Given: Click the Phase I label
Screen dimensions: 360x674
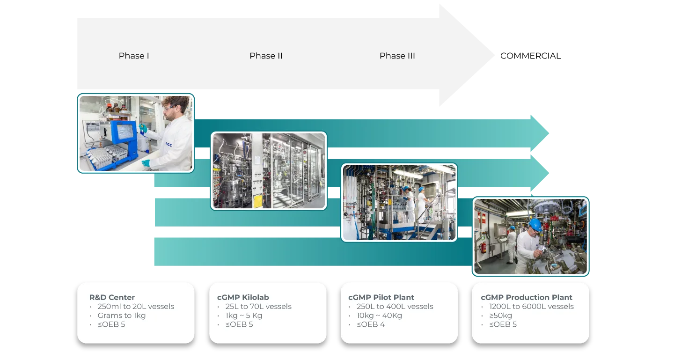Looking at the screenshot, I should (134, 56).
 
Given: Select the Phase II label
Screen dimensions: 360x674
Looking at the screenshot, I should (266, 56).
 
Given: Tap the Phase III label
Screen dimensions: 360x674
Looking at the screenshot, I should (397, 56).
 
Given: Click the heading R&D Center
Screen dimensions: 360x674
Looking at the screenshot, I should (112, 297).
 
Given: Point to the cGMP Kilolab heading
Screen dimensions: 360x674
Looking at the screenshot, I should (243, 297).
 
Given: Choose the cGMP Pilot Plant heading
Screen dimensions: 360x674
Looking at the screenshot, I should (381, 297).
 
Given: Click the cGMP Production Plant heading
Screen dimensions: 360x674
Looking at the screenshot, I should (526, 297).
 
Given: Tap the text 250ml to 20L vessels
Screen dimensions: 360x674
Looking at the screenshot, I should (136, 307).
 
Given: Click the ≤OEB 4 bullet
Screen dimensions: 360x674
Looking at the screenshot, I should (370, 324).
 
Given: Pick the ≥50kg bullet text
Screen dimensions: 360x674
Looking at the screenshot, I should (500, 316).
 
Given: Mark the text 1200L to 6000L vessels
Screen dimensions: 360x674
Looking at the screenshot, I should (531, 307).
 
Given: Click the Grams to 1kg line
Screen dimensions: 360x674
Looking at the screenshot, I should (122, 316).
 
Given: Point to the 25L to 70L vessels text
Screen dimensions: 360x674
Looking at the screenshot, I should (258, 307).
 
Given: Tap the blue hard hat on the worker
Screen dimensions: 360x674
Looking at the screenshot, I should (535, 224).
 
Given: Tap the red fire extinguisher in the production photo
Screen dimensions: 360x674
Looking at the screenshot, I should (482, 248).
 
